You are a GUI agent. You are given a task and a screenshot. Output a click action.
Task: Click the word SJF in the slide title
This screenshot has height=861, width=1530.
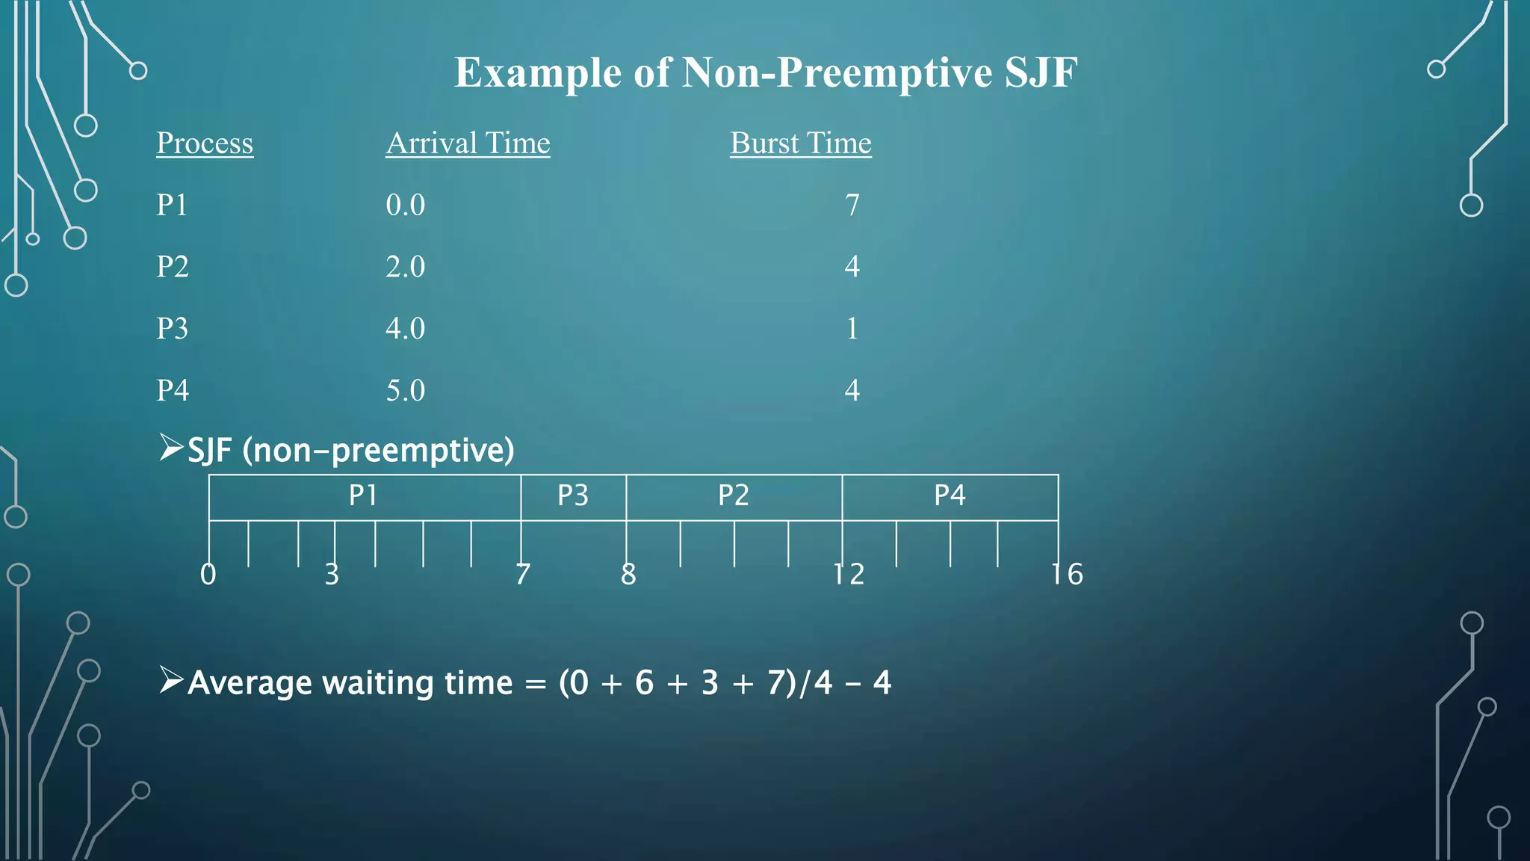1041,73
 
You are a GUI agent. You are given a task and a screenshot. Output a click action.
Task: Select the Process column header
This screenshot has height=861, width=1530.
205,143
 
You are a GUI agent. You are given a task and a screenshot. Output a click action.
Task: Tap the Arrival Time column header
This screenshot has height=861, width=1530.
468,143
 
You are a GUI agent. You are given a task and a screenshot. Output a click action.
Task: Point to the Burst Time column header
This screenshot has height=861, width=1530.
800,143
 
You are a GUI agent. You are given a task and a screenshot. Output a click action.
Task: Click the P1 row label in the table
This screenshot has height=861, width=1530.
172,205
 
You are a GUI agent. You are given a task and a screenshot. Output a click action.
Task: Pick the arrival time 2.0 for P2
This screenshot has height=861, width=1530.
405,267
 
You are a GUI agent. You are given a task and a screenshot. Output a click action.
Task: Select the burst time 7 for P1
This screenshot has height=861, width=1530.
852,205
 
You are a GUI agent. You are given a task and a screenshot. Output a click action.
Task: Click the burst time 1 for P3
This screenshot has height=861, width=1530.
852,329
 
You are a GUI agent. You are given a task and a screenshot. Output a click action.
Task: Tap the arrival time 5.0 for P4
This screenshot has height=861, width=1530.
405,390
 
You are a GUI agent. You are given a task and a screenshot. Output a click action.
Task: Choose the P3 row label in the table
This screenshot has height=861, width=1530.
172,329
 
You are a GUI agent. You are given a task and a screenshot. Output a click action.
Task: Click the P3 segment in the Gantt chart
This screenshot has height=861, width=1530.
573,496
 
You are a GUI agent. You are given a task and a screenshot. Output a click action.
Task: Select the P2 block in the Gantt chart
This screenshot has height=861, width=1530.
734,496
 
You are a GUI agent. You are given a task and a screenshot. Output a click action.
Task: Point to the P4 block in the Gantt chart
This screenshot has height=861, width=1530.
950,496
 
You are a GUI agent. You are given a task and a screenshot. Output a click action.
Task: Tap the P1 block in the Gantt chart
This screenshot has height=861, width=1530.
364,496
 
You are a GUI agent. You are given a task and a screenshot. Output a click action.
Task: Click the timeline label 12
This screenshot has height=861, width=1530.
849,574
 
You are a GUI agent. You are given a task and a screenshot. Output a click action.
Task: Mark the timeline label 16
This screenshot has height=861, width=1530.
1067,574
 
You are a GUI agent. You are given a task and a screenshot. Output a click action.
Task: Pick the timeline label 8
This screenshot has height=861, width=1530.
628,574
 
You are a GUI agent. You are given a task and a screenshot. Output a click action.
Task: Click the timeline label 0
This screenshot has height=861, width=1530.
208,574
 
